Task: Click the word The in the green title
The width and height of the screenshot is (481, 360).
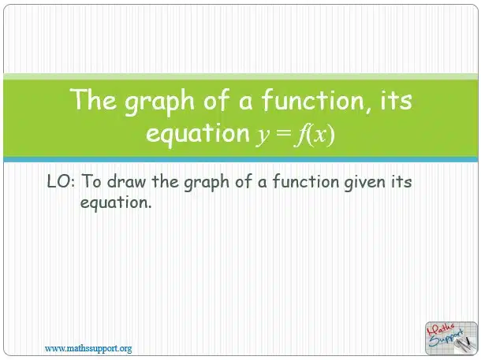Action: coord(93,99)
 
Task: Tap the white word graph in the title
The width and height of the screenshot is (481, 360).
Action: coord(159,102)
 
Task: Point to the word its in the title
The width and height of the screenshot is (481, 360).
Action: coord(397,100)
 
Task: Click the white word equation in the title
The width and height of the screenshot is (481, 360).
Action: coord(198,134)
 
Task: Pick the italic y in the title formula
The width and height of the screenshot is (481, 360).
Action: coord(263,135)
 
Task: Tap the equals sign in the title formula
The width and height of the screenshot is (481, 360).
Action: coord(283,133)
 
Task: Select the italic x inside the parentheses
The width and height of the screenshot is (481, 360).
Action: coord(321,135)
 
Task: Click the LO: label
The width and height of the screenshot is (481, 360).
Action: coord(61,181)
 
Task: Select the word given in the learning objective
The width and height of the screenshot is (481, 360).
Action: coord(365,183)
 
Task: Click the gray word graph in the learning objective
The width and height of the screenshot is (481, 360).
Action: coord(207,183)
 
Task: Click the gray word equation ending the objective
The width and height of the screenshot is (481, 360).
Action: coord(116,203)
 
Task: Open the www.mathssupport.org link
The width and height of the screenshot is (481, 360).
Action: coord(88,348)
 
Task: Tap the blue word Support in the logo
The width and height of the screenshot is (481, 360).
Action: coord(446,339)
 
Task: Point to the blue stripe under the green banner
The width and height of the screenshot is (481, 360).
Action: coord(240,160)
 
